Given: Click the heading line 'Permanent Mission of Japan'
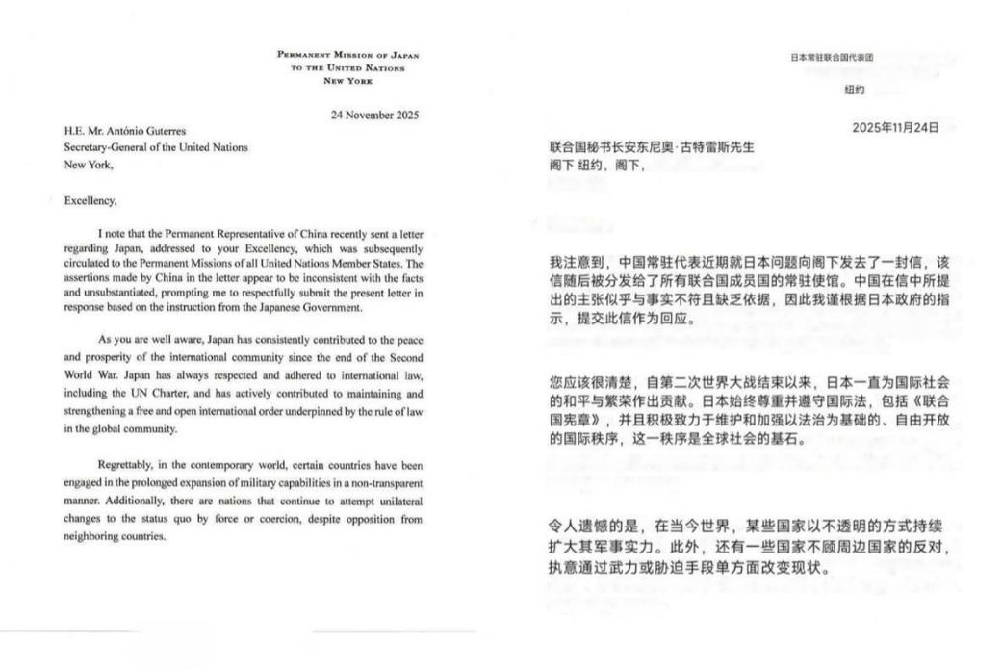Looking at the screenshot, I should click(347, 55).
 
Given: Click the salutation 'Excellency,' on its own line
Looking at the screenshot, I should click(90, 200).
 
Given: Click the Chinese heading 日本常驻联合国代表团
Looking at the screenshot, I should click(833, 57).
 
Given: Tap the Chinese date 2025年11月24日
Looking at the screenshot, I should click(895, 128).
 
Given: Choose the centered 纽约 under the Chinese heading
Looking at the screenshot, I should click(855, 90).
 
